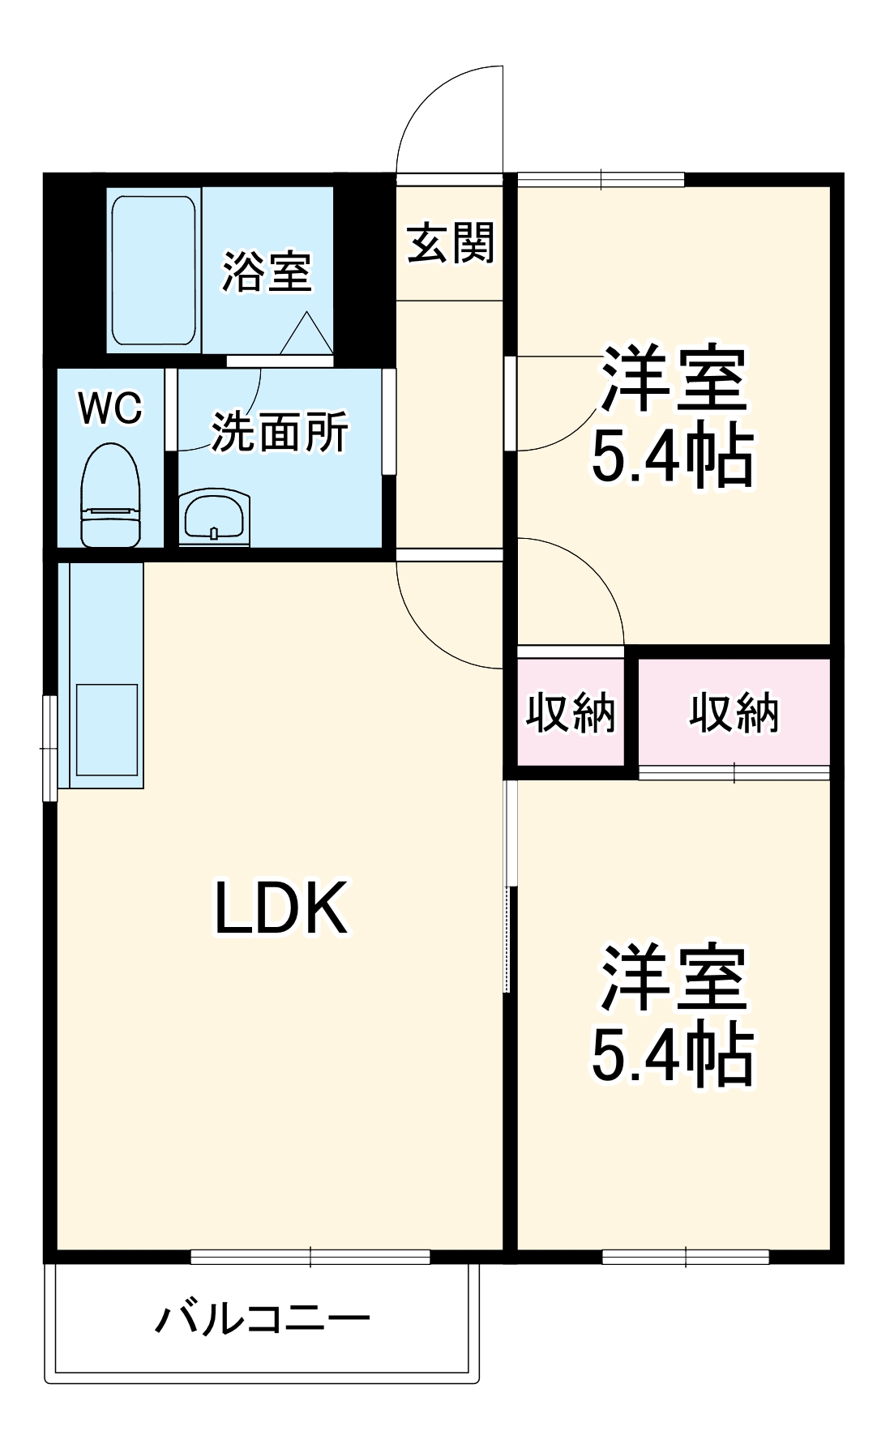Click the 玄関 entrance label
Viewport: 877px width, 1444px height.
pyautogui.click(x=450, y=242)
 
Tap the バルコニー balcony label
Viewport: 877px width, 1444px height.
pyautogui.click(x=263, y=1320)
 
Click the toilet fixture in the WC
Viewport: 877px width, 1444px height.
pyautogui.click(x=112, y=495)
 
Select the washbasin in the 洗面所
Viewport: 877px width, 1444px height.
pyautogui.click(x=213, y=515)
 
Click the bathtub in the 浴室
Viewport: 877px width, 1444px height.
pyautogui.click(x=153, y=270)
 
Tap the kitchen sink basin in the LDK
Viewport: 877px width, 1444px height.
pyautogui.click(x=106, y=729)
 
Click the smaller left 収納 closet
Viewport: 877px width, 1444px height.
pyautogui.click(x=571, y=713)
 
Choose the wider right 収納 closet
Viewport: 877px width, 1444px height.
pyautogui.click(x=734, y=713)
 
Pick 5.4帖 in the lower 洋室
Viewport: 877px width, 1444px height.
pyautogui.click(x=672, y=1057)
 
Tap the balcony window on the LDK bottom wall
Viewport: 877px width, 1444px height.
pyautogui.click(x=310, y=1257)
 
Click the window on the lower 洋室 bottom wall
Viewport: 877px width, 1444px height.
pyautogui.click(x=686, y=1257)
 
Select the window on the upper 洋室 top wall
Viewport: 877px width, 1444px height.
pyautogui.click(x=601, y=179)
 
